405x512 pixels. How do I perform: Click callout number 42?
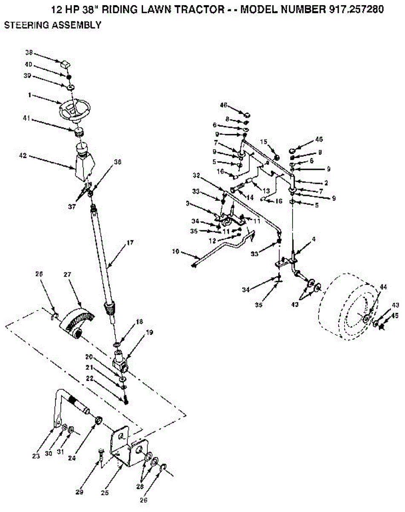click(23, 156)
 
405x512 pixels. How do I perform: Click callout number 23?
click(36, 456)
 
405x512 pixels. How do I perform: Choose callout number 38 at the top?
click(29, 54)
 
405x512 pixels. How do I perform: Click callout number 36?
click(118, 162)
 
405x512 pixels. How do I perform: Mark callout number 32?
click(196, 175)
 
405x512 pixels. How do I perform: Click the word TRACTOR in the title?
click(199, 10)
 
